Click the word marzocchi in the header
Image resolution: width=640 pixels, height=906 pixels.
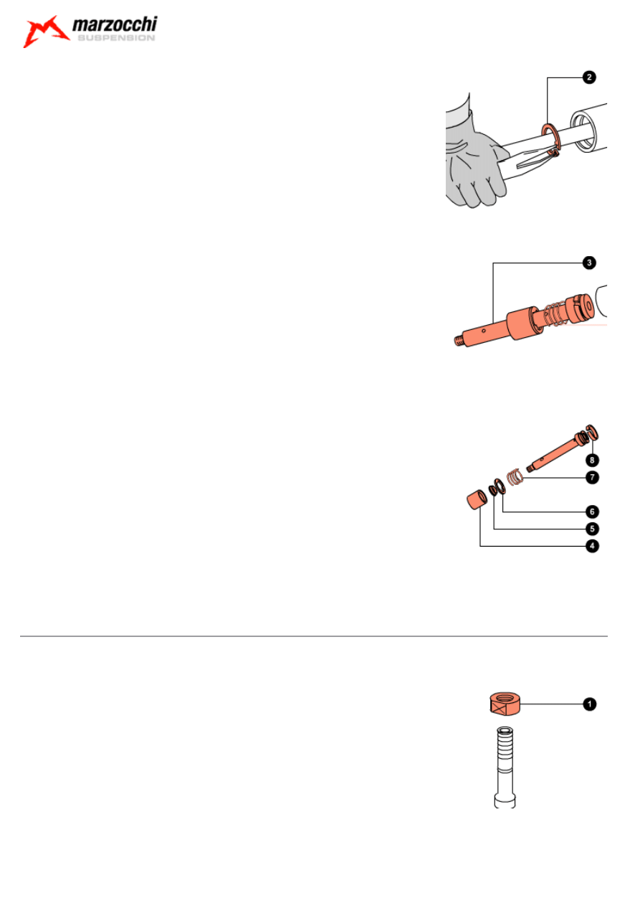(114, 27)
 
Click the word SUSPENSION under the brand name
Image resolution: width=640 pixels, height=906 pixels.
(115, 39)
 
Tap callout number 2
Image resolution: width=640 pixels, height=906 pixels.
(588, 77)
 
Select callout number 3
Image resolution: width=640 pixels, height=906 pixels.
(588, 263)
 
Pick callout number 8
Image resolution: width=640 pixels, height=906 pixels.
(592, 459)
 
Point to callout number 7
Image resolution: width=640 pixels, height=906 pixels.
(592, 477)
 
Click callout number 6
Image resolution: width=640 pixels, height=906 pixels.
(592, 511)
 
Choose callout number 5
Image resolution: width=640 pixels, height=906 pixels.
(592, 529)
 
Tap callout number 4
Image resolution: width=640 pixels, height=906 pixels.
(592, 546)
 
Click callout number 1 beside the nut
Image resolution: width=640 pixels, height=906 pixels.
(588, 704)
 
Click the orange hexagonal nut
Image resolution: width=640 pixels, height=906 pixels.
(503, 704)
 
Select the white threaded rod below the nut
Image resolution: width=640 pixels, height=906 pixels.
(503, 764)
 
